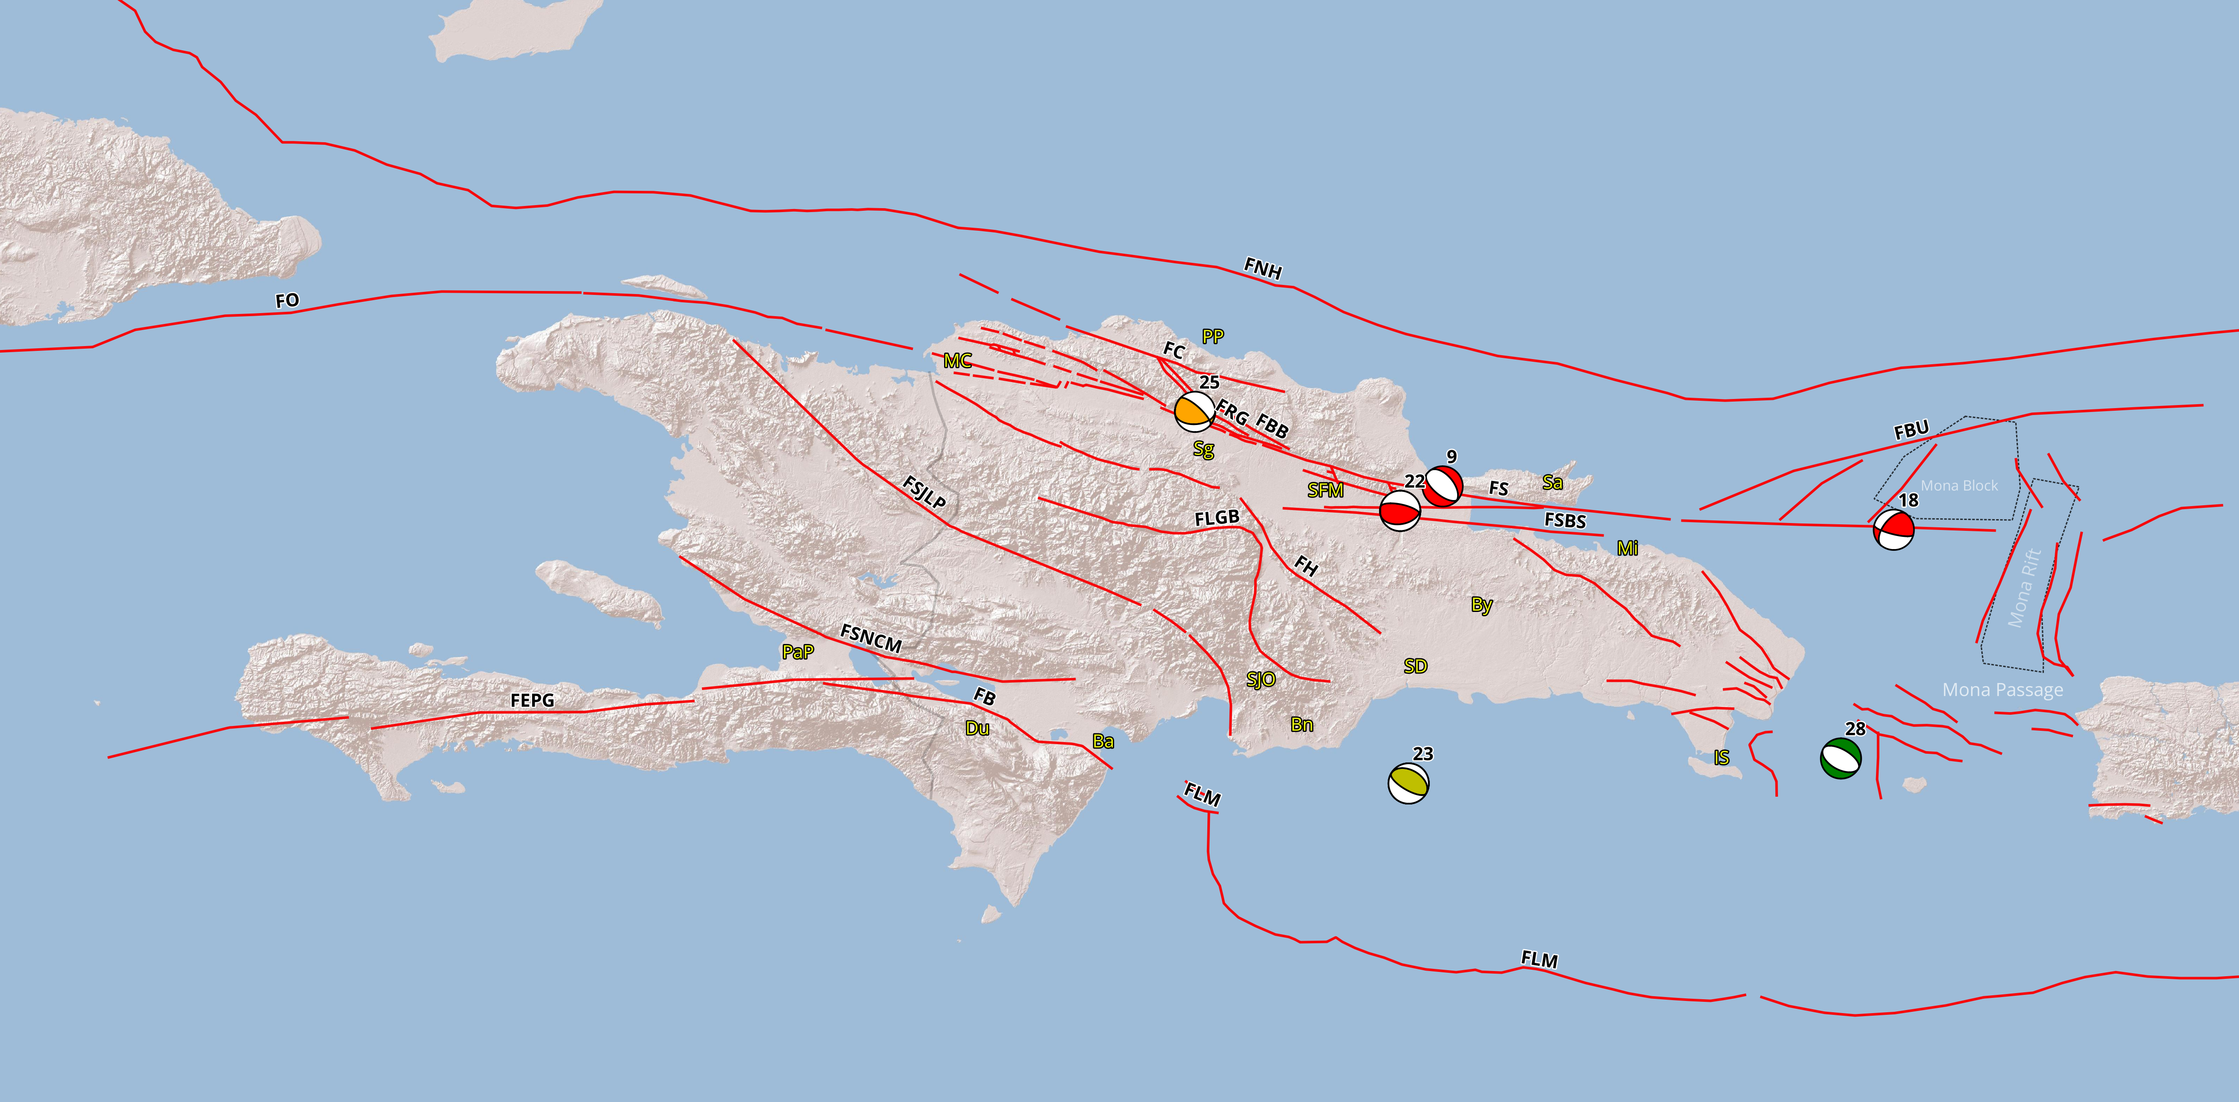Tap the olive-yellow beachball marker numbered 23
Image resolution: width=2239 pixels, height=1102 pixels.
[1408, 783]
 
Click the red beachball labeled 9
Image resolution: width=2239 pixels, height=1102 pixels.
[1443, 487]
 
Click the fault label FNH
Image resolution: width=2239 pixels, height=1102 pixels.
[1263, 268]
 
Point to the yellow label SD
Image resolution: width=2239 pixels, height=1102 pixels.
[1415, 667]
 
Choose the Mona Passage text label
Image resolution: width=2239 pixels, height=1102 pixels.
[2003, 690]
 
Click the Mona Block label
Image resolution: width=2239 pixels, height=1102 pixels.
[1959, 486]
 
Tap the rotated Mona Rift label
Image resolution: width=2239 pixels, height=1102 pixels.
[2025, 589]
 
